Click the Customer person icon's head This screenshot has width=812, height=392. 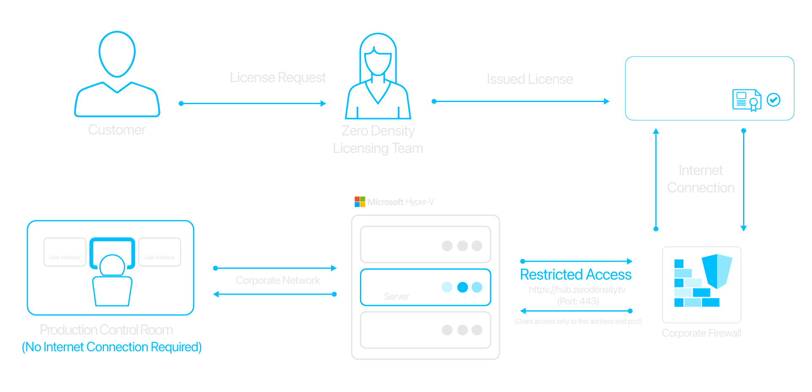(117, 54)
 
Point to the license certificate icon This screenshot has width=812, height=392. (746, 100)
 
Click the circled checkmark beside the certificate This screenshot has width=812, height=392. (774, 100)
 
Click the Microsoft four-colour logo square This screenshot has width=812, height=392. (359, 202)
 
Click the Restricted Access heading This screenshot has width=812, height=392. (576, 275)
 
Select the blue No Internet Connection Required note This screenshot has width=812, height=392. (112, 347)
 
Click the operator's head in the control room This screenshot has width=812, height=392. (112, 265)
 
